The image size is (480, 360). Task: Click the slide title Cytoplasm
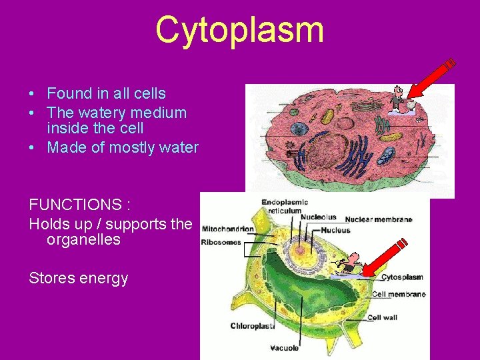(239, 30)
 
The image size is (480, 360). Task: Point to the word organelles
(83, 240)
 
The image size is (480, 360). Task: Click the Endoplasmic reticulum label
(285, 206)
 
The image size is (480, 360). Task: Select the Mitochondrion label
(227, 229)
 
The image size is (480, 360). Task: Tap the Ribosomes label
(221, 242)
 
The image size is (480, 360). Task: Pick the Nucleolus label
(318, 217)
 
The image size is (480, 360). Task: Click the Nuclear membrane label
(378, 219)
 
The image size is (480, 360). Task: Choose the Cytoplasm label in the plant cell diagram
(402, 277)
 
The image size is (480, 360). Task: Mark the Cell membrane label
(399, 294)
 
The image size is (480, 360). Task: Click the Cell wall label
(382, 317)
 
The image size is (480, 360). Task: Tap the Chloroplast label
(252, 326)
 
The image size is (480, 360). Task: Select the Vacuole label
(284, 347)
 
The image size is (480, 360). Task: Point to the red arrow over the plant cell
(385, 257)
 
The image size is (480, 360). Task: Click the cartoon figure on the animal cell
(399, 98)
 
